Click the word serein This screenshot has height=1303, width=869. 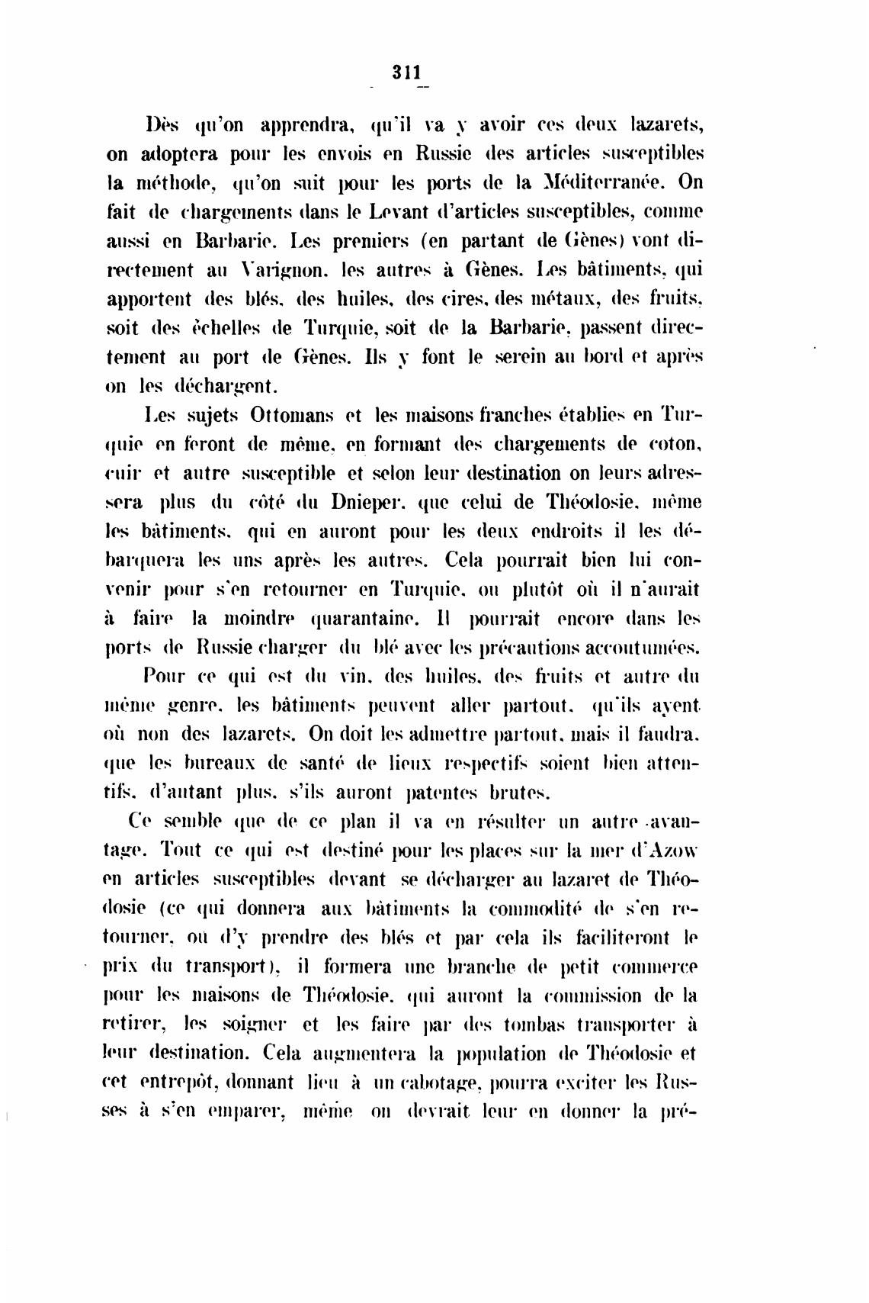coord(492,358)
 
